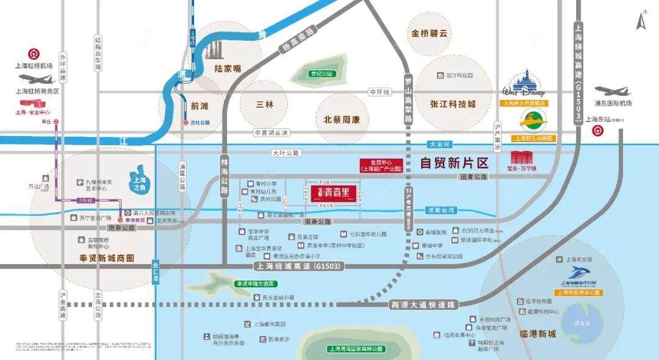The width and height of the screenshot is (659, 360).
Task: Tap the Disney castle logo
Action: coord(524,85)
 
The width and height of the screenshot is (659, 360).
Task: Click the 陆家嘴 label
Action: coord(225,69)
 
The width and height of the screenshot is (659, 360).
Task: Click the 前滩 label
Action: coord(200,104)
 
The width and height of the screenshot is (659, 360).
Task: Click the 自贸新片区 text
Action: coord(455,163)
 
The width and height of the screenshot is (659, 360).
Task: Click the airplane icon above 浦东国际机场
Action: coord(613,92)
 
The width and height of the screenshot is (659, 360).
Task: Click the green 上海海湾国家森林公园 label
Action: coord(356,349)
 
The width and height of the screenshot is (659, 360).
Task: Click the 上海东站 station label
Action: coord(600,120)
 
